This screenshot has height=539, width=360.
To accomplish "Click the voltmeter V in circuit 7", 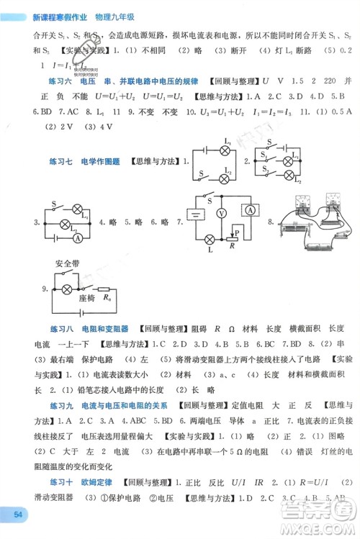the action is (223, 214).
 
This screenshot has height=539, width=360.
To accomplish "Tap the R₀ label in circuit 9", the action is (107, 296).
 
